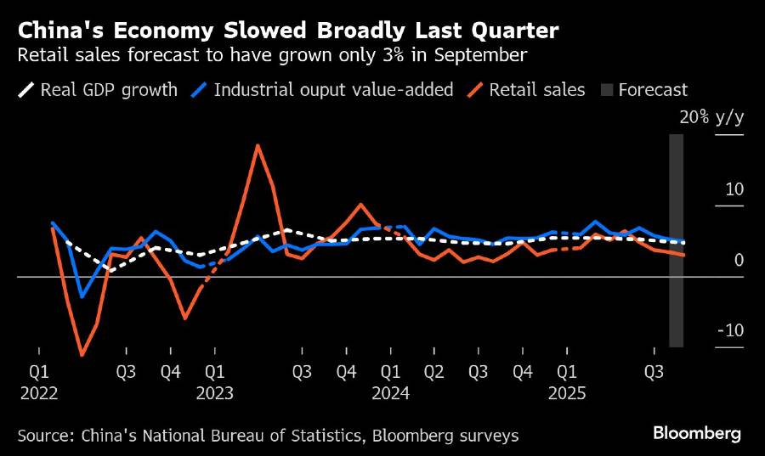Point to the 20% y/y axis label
coord(711,117)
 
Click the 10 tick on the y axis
coord(734,189)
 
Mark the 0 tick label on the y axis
coord(739,260)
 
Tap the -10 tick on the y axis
coord(730,330)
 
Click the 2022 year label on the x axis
coord(39,393)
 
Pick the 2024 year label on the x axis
coord(391,393)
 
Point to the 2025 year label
coord(566,393)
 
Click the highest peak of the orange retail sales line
coord(258,145)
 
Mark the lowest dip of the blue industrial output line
coord(82,296)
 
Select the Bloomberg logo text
coord(697,434)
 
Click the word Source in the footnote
coord(44,436)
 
